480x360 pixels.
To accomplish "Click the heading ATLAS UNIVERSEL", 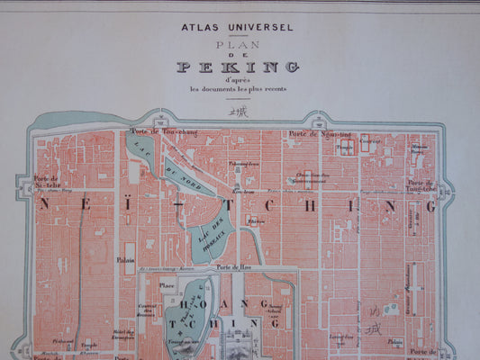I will [x=238, y=27].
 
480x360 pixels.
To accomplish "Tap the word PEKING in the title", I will [x=238, y=67].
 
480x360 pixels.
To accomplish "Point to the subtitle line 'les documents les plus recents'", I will [x=238, y=88].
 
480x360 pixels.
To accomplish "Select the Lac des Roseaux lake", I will [x=217, y=232].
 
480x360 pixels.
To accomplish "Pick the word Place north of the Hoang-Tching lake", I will [x=168, y=285].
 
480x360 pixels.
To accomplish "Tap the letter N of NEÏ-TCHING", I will [x=44, y=206].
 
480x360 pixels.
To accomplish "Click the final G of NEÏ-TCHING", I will [x=429, y=206].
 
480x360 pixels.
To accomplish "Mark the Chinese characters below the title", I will [x=238, y=111].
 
